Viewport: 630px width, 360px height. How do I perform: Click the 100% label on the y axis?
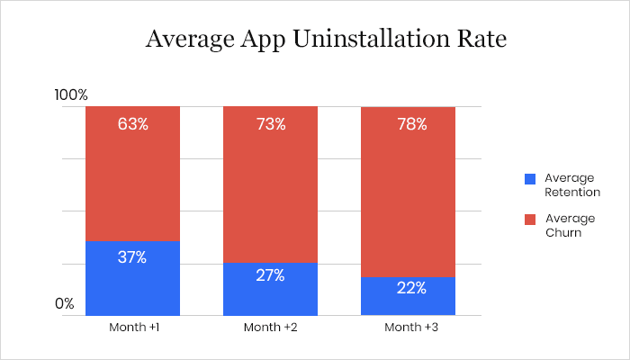[x=71, y=94]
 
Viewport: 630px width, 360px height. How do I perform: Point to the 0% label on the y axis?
[x=64, y=304]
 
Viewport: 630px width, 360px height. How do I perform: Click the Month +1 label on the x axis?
[x=133, y=327]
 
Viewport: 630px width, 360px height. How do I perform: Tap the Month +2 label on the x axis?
[x=271, y=327]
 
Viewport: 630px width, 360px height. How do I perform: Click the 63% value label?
[x=133, y=123]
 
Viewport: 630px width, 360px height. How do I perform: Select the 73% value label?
[x=271, y=123]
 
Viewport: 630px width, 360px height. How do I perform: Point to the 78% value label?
[x=408, y=123]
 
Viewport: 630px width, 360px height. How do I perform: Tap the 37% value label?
[x=133, y=257]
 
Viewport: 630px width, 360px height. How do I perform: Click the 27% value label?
[x=271, y=275]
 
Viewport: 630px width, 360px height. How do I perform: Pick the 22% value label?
[x=408, y=288]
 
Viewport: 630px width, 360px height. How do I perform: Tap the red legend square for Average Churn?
[x=530, y=219]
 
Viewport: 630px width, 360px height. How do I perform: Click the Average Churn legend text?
[x=569, y=225]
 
